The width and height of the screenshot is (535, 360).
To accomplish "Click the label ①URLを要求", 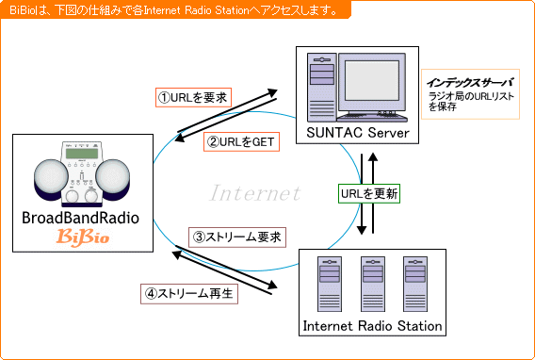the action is pos(193,98).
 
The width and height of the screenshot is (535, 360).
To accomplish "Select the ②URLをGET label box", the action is pos(241,141).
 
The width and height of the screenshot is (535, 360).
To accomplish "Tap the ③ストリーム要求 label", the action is pos(237,237).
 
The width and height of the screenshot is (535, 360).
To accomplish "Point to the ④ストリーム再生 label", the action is pos(189,294).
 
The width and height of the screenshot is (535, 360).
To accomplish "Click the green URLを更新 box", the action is pos(369,194).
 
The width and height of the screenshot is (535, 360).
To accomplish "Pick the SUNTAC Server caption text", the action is pos(358,133).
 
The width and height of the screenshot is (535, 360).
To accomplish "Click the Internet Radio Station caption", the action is pos(372,325).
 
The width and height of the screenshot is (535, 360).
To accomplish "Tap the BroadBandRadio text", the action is pos(80,218).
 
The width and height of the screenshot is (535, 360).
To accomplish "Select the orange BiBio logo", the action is pos(83,237).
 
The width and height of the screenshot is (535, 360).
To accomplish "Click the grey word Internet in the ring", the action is pos(255,193).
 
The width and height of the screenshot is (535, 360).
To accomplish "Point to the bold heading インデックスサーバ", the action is pos(471,83).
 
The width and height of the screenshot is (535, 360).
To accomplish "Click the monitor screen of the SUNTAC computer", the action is pos(371,80).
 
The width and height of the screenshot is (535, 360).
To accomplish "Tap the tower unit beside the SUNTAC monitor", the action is pos(321,87).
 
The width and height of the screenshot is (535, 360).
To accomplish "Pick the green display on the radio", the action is pos(82,154).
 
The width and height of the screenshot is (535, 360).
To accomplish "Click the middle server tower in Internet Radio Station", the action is pos(373,284).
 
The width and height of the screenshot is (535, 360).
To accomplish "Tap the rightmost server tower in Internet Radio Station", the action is pos(415,284).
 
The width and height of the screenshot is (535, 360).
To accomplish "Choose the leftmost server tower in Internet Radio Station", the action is pos(330,284).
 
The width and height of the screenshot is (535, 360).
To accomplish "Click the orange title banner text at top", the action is pos(174,10).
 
